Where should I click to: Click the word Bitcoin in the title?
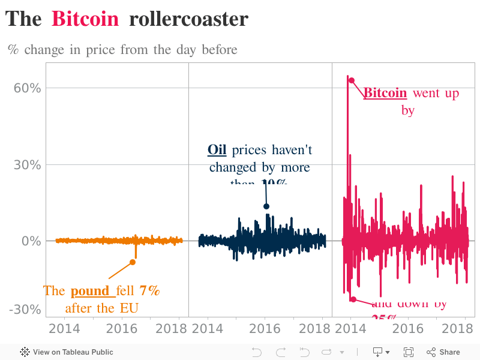point(85,19)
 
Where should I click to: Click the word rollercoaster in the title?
point(188,19)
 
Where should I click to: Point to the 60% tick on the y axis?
point(28,88)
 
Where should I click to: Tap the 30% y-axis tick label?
point(28,164)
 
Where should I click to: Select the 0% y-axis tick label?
point(31,241)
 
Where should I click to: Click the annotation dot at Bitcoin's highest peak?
point(352,80)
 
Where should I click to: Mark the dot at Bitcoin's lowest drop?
point(353,299)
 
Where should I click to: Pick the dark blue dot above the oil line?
point(266,206)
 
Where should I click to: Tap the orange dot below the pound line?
point(133,262)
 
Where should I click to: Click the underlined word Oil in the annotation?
point(217,149)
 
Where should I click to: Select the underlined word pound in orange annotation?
point(92,291)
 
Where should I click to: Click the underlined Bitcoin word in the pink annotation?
point(385,93)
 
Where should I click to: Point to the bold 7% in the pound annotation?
point(149,291)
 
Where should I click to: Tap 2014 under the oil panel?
point(208,328)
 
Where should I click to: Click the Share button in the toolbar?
point(443,352)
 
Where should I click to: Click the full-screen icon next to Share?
point(409,352)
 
